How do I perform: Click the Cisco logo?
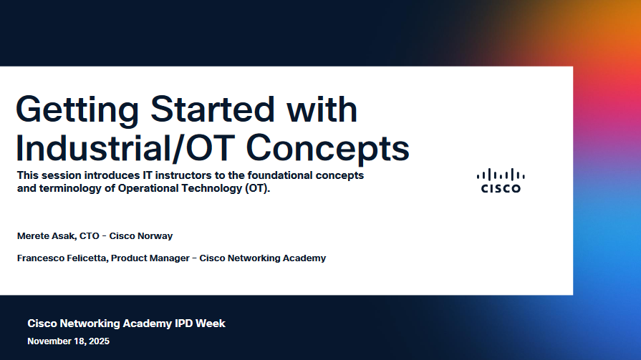point(501,180)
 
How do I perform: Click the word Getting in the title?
point(77,110)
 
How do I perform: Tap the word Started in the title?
point(212,109)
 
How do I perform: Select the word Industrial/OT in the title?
point(125,148)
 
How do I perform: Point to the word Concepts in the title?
point(327,149)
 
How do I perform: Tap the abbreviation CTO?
point(89,235)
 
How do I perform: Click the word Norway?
point(157,236)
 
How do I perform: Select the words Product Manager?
point(150,258)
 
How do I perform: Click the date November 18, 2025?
point(68,341)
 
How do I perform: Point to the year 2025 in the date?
point(99,341)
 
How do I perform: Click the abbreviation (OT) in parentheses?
point(258,188)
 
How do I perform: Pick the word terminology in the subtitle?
point(70,188)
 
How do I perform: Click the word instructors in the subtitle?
point(183,175)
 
